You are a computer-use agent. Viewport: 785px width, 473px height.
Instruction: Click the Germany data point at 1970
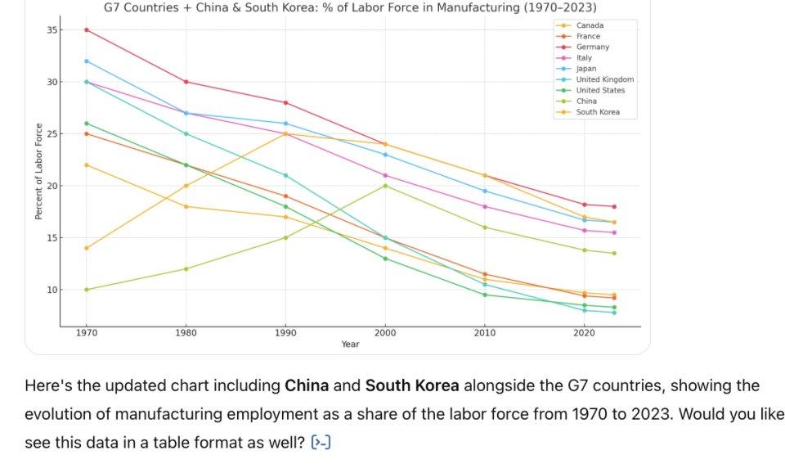[x=87, y=29]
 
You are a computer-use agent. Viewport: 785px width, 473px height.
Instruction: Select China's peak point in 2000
[x=385, y=186]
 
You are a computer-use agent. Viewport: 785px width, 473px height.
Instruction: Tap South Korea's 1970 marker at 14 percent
[x=87, y=248]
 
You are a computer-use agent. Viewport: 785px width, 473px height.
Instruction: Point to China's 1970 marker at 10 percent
[x=87, y=290]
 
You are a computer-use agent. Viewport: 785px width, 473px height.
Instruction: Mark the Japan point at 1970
[x=87, y=61]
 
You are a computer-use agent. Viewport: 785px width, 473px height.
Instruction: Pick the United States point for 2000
[x=385, y=259]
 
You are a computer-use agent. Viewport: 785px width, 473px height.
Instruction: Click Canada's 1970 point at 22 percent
[x=87, y=165]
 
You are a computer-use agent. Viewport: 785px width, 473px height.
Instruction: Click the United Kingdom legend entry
[x=604, y=79]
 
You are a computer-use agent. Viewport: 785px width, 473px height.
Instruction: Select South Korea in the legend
[x=598, y=112]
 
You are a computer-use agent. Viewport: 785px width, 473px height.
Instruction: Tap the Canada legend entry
[x=590, y=25]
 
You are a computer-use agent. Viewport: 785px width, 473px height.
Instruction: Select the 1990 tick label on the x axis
[x=285, y=334]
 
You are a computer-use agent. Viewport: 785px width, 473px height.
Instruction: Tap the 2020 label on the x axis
[x=584, y=334]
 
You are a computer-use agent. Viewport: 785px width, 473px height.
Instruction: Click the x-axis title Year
[x=350, y=345]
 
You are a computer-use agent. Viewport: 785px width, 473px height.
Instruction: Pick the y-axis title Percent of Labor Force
[x=38, y=170]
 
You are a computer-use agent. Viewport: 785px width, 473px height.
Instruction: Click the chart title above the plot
[x=350, y=7]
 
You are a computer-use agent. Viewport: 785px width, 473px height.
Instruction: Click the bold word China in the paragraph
[x=307, y=385]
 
